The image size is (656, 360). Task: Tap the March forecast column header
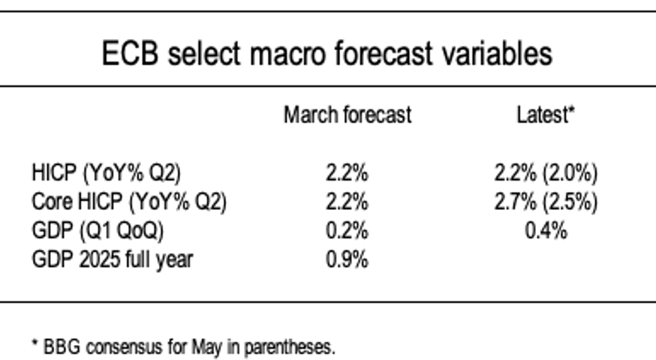pyautogui.click(x=347, y=115)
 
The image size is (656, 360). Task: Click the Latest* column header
pyautogui.click(x=545, y=115)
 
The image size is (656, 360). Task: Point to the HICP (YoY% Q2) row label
pyautogui.click(x=106, y=173)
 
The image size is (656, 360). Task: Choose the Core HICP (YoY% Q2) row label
pyautogui.click(x=129, y=202)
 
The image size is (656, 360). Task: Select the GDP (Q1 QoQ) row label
pyautogui.click(x=98, y=230)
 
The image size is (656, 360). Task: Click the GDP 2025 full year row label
pyautogui.click(x=112, y=259)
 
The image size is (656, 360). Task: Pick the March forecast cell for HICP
pyautogui.click(x=347, y=173)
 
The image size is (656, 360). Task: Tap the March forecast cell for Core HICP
pyautogui.click(x=347, y=202)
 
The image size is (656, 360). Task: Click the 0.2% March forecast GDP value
pyautogui.click(x=347, y=230)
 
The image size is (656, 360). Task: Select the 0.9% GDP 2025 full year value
pyautogui.click(x=347, y=259)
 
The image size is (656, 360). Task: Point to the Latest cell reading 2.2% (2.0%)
pyautogui.click(x=546, y=173)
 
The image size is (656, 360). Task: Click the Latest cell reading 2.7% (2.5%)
pyautogui.click(x=546, y=202)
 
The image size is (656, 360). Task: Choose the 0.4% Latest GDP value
pyautogui.click(x=546, y=230)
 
